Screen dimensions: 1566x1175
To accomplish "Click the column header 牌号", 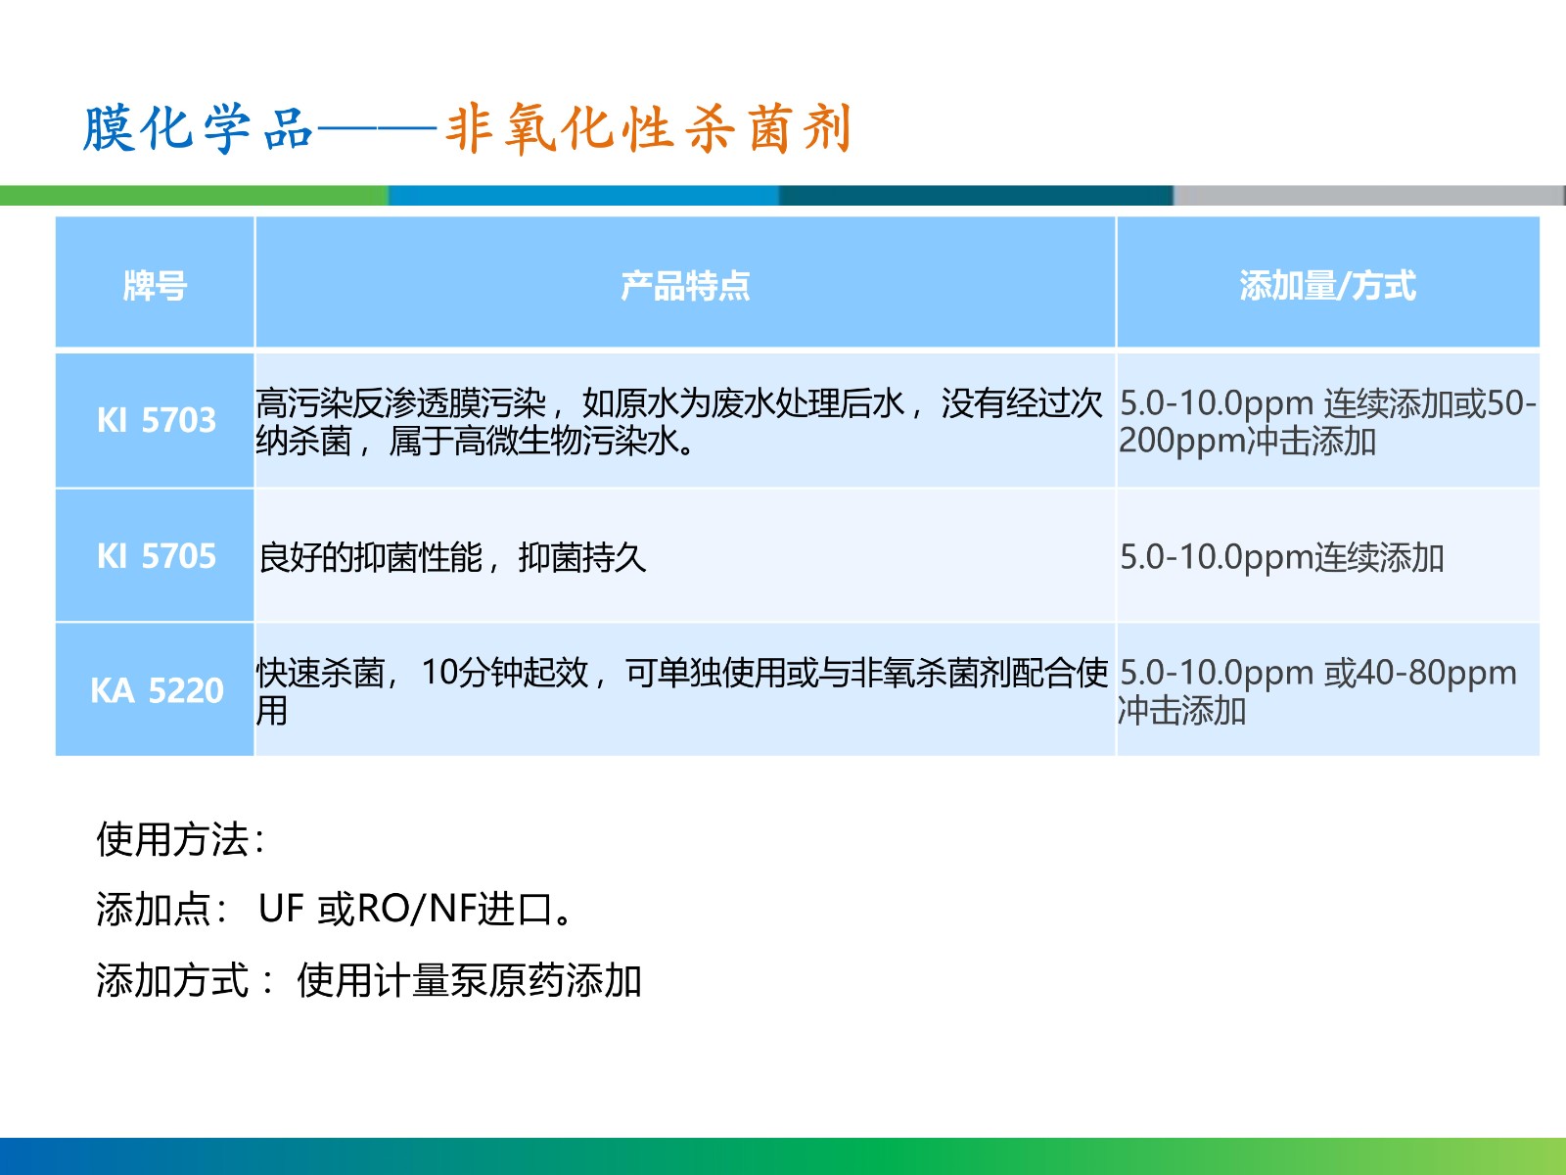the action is [155, 286].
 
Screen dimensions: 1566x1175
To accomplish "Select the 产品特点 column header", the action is [685, 286].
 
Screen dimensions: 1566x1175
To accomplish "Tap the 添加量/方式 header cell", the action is [1327, 286].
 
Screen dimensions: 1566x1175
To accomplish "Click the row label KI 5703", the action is [157, 420].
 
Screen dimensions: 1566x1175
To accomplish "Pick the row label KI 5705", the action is [157, 556].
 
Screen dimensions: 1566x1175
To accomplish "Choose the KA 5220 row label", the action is [157, 690].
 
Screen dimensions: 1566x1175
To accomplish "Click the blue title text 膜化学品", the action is [199, 128].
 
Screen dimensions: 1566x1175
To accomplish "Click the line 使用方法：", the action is [181, 839].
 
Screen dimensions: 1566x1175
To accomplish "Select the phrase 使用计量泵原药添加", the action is [469, 980].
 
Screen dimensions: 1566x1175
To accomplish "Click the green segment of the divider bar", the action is [194, 196].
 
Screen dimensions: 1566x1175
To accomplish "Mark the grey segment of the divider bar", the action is [1369, 196].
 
